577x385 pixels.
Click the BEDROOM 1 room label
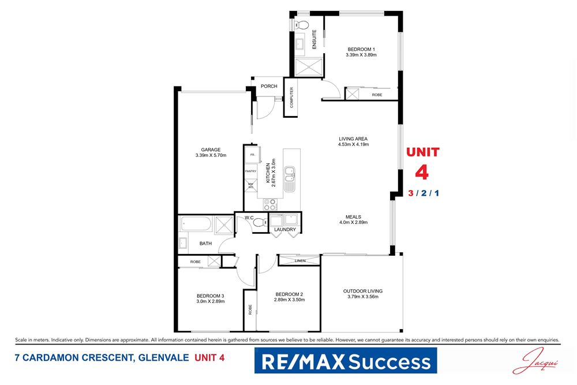(361, 49)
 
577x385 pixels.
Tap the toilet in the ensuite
(302, 25)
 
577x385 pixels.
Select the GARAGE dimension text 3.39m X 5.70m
(211, 155)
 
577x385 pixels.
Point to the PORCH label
(269, 87)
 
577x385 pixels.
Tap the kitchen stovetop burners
(269, 204)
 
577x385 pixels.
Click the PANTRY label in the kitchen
(250, 171)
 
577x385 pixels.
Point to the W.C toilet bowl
(258, 222)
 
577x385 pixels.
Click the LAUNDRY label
(285, 230)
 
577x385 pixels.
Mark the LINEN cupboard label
(300, 261)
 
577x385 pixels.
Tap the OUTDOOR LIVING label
(362, 291)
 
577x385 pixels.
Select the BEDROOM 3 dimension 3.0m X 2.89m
(211, 301)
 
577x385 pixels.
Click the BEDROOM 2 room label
(289, 293)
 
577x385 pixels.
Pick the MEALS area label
(353, 217)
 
